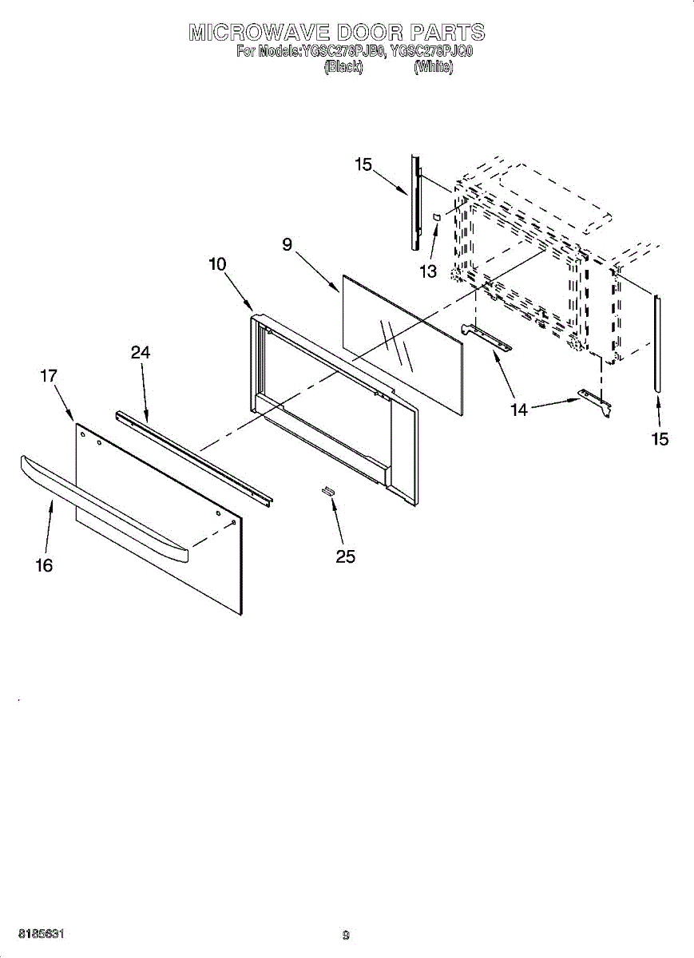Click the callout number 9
(x=287, y=245)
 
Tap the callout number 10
(x=217, y=264)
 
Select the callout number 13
(x=428, y=271)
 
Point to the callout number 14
(x=519, y=410)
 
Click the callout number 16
(x=44, y=565)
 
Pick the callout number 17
(x=48, y=374)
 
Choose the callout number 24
(x=141, y=352)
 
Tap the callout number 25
(x=345, y=557)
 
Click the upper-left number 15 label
(x=363, y=164)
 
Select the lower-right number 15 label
(x=660, y=439)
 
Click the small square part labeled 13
(x=437, y=216)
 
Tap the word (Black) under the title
(x=343, y=68)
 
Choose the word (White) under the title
(x=434, y=68)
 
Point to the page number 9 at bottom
(x=346, y=935)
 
